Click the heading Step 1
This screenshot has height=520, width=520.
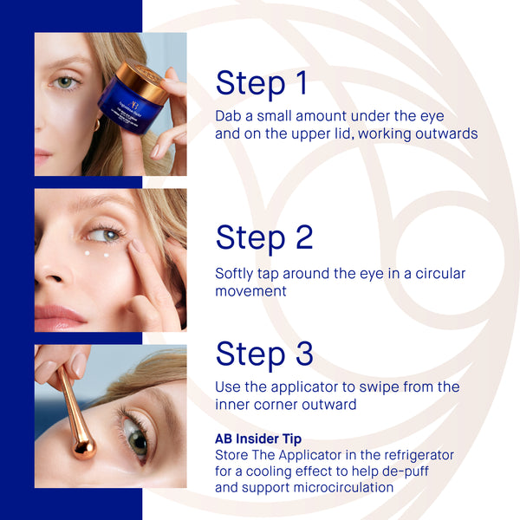tap(261, 83)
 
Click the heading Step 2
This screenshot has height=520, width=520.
tap(264, 237)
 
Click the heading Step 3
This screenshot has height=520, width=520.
tap(264, 354)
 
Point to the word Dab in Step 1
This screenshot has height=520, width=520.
tap(229, 116)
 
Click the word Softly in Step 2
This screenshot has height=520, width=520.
tap(237, 274)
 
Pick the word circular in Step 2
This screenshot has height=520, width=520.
tap(437, 274)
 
